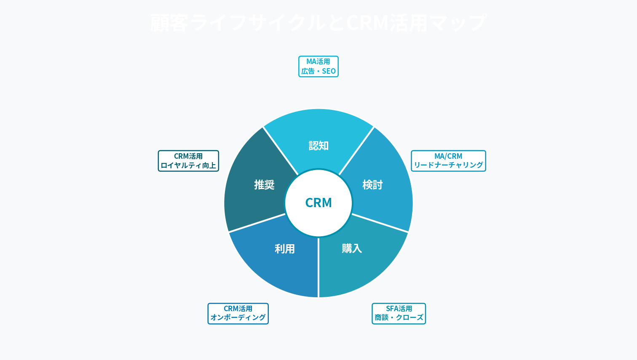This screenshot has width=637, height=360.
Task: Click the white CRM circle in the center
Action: point(318,203)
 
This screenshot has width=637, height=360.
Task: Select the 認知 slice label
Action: point(318,146)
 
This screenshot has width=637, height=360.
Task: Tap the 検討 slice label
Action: point(372,185)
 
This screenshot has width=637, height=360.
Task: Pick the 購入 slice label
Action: point(352,248)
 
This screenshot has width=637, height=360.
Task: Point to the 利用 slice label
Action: point(285,249)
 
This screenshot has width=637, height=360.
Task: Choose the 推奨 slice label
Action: point(264,185)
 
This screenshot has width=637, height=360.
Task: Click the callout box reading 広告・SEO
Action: point(318,67)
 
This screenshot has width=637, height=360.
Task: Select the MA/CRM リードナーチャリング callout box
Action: point(448,161)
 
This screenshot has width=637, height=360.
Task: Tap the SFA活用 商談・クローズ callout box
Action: point(399,314)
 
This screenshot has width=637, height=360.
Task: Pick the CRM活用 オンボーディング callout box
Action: point(238,314)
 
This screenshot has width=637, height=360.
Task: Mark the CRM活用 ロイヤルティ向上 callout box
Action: point(188,161)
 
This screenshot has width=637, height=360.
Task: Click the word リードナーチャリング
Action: point(448,165)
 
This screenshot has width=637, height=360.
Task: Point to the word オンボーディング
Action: point(238,318)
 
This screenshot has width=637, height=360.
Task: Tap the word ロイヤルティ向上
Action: point(188,165)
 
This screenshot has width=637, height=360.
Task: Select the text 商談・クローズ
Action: point(399,318)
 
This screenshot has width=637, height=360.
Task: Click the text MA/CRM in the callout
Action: point(448,156)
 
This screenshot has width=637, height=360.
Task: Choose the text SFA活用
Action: point(399,309)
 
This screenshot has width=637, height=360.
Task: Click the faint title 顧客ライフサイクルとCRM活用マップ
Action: point(318,23)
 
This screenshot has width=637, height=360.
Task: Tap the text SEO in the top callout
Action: point(329,71)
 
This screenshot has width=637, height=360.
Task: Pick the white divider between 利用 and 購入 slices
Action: point(318,268)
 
